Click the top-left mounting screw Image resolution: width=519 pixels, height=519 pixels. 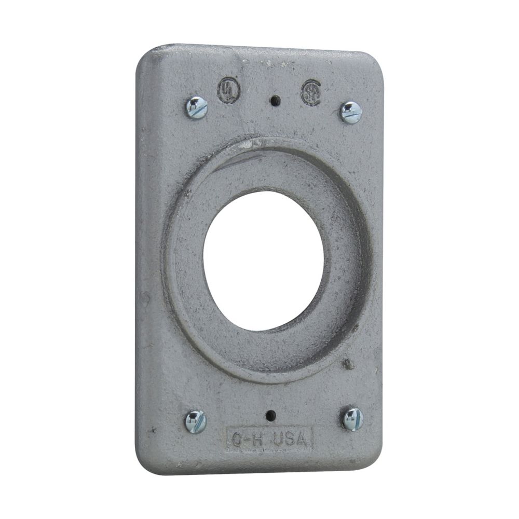tap(197, 108)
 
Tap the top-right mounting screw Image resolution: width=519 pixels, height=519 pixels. tap(350, 112)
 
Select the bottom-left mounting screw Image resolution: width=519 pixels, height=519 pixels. tap(196, 421)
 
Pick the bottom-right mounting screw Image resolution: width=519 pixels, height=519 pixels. tap(352, 418)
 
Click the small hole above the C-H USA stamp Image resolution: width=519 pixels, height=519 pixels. tap(270, 415)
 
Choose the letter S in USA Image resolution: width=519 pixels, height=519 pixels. tap(292, 441)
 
